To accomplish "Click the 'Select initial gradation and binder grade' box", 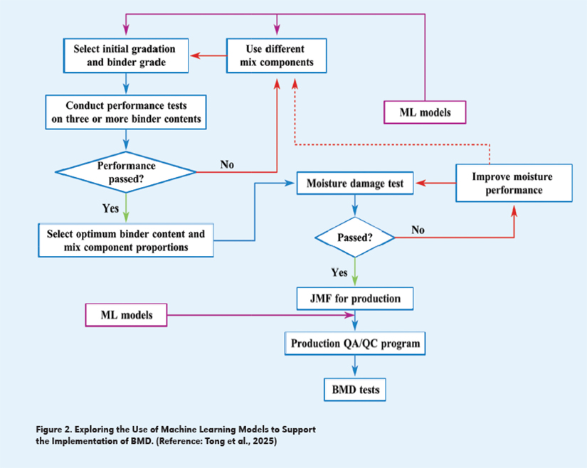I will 125,55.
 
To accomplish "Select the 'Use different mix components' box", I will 277,55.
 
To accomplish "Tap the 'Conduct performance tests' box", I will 126,112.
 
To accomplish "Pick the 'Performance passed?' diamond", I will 126,171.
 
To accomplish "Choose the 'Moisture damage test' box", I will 355,184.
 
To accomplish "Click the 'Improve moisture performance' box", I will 512,184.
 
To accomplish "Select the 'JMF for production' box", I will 354,298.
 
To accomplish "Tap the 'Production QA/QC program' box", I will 355,344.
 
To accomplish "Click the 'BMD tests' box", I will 355,389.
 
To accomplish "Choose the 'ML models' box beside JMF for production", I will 126,315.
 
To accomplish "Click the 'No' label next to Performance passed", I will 227,164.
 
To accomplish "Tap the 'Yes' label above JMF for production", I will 339,272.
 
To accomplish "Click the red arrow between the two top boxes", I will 207,55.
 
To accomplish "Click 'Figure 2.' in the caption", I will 55,429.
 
